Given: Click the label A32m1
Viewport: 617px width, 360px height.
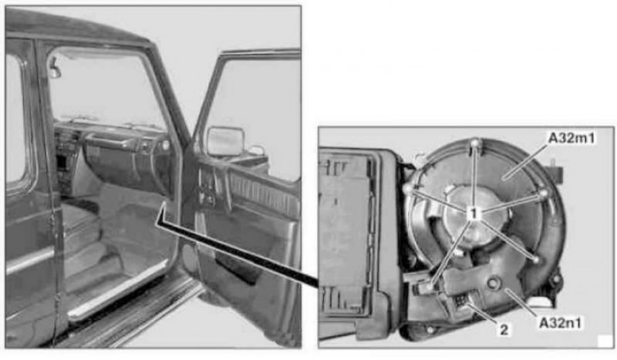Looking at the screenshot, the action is (x=571, y=138).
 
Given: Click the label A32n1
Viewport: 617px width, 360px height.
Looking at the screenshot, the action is (x=560, y=323).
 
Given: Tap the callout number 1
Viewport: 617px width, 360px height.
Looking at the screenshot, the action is (x=474, y=214).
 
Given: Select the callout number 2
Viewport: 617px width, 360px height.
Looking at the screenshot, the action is (x=504, y=330).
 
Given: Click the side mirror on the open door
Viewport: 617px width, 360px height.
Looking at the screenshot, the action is (x=225, y=141).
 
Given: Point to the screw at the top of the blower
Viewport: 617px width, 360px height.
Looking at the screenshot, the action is (x=475, y=143).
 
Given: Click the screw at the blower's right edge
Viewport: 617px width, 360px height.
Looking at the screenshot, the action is (x=544, y=193).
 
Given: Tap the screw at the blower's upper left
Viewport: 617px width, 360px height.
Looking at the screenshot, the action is (x=408, y=189).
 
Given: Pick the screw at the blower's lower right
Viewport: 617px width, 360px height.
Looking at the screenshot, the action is (x=535, y=260).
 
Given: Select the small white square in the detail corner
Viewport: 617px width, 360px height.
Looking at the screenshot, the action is (x=605, y=341).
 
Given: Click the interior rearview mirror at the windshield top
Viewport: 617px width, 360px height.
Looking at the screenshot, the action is (x=55, y=69).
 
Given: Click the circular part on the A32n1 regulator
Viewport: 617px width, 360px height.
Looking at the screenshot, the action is (x=493, y=282).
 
